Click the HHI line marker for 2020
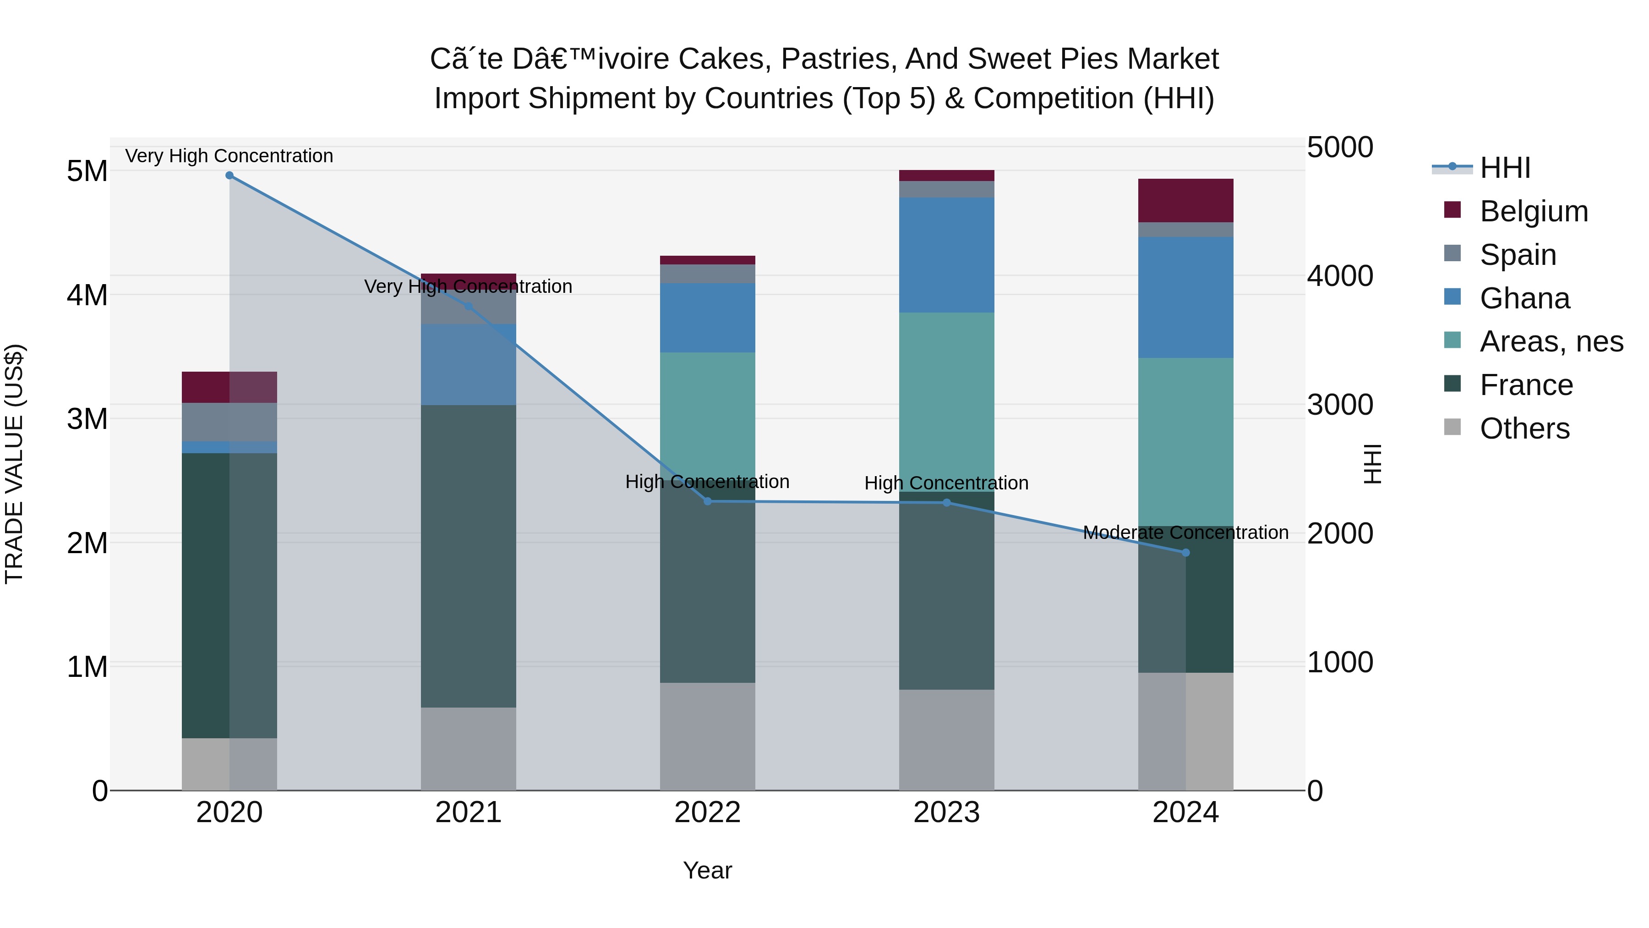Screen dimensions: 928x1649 click(229, 176)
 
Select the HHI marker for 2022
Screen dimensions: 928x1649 click(707, 501)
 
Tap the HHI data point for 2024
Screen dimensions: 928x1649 click(1185, 553)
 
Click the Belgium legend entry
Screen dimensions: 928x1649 click(1534, 211)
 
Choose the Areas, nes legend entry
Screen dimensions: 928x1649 click(1551, 341)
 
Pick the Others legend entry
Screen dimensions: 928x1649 click(1524, 428)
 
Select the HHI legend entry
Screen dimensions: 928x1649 click(1504, 168)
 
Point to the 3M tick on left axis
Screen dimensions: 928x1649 click(87, 419)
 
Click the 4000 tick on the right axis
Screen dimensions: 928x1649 click(1340, 276)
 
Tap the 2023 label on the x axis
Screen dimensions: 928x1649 click(946, 813)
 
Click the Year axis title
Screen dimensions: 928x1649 click(707, 870)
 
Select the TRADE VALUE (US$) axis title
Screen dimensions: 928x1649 click(15, 464)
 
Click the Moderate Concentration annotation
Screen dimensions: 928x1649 click(1185, 532)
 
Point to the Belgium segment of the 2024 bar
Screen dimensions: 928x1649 click(1185, 200)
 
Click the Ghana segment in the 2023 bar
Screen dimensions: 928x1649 click(946, 255)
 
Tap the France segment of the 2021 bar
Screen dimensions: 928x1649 click(468, 556)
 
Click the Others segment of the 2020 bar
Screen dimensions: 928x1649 click(229, 764)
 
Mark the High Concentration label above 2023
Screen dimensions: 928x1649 click(946, 483)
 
